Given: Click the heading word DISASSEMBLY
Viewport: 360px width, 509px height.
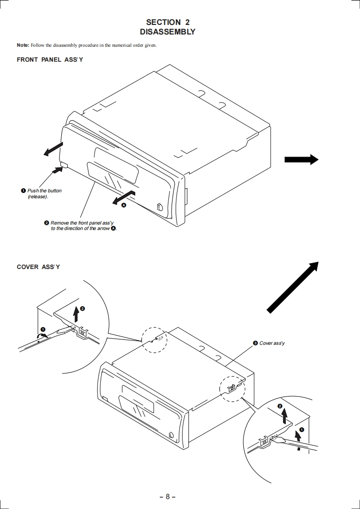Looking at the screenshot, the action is coord(168,32).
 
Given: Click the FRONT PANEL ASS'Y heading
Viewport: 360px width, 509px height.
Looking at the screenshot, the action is coord(50,60).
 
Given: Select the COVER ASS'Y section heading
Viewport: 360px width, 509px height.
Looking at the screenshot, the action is coord(38,267).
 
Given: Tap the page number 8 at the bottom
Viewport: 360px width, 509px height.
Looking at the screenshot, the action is coord(168,496).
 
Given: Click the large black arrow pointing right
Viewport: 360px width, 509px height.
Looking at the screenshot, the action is coord(301,159).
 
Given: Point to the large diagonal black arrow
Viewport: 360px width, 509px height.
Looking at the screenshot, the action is coord(292,288).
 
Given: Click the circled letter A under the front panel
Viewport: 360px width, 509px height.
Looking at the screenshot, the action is coord(123,205).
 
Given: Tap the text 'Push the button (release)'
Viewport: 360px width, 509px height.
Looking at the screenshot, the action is coord(44,194).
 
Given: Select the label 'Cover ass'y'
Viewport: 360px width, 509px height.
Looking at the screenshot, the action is coord(272,343).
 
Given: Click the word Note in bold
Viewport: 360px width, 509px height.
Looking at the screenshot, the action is coord(23,45).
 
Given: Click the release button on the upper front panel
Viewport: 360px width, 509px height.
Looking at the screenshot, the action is coord(64,165).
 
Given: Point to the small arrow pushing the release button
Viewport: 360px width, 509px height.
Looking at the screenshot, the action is coord(57,170).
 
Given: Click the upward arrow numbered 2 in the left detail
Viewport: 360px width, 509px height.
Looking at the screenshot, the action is coord(76,313).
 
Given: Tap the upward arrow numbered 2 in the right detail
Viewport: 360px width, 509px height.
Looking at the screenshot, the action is coord(285,416).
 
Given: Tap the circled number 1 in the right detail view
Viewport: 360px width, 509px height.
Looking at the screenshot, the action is coord(301,430).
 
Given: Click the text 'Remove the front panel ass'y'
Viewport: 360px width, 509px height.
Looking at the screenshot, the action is coord(82,223).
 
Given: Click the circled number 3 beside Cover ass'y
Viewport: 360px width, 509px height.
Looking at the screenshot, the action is coord(256,343).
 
